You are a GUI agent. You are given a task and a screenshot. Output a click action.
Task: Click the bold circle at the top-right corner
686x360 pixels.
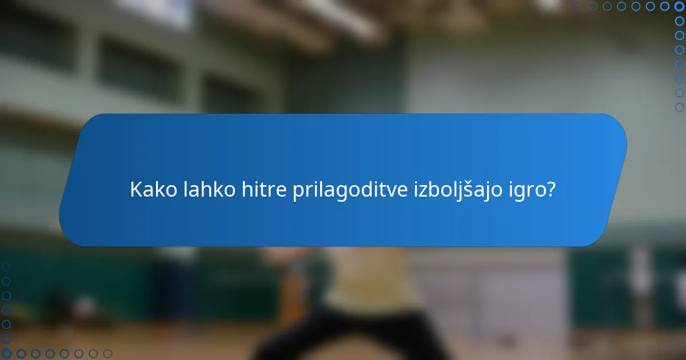point(679,6)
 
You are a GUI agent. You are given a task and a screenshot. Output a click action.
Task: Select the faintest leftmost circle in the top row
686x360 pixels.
point(579,6)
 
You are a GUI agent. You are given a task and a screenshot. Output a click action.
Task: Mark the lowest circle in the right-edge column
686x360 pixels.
point(679,107)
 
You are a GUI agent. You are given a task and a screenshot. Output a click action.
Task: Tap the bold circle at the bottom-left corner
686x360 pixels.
point(6,354)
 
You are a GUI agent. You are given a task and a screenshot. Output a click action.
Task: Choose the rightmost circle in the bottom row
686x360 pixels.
point(107,354)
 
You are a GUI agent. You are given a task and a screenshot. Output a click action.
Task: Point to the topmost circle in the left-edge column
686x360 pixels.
point(6,267)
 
